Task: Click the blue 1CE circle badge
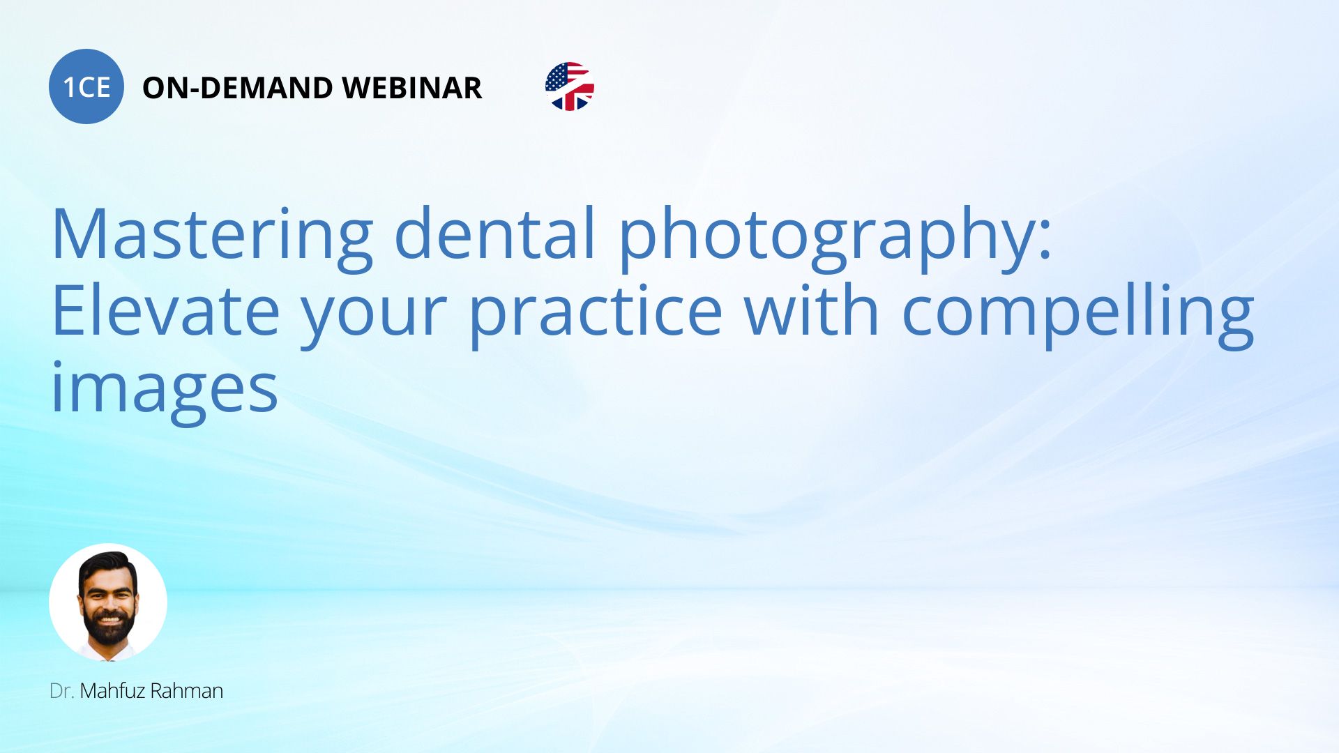pos(86,86)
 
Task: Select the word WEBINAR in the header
pos(412,88)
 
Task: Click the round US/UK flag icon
pos(570,86)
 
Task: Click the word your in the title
pos(374,317)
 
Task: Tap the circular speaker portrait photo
pos(108,602)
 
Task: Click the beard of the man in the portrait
pos(109,626)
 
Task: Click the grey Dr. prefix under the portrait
pos(61,691)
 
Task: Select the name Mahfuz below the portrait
pos(112,690)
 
